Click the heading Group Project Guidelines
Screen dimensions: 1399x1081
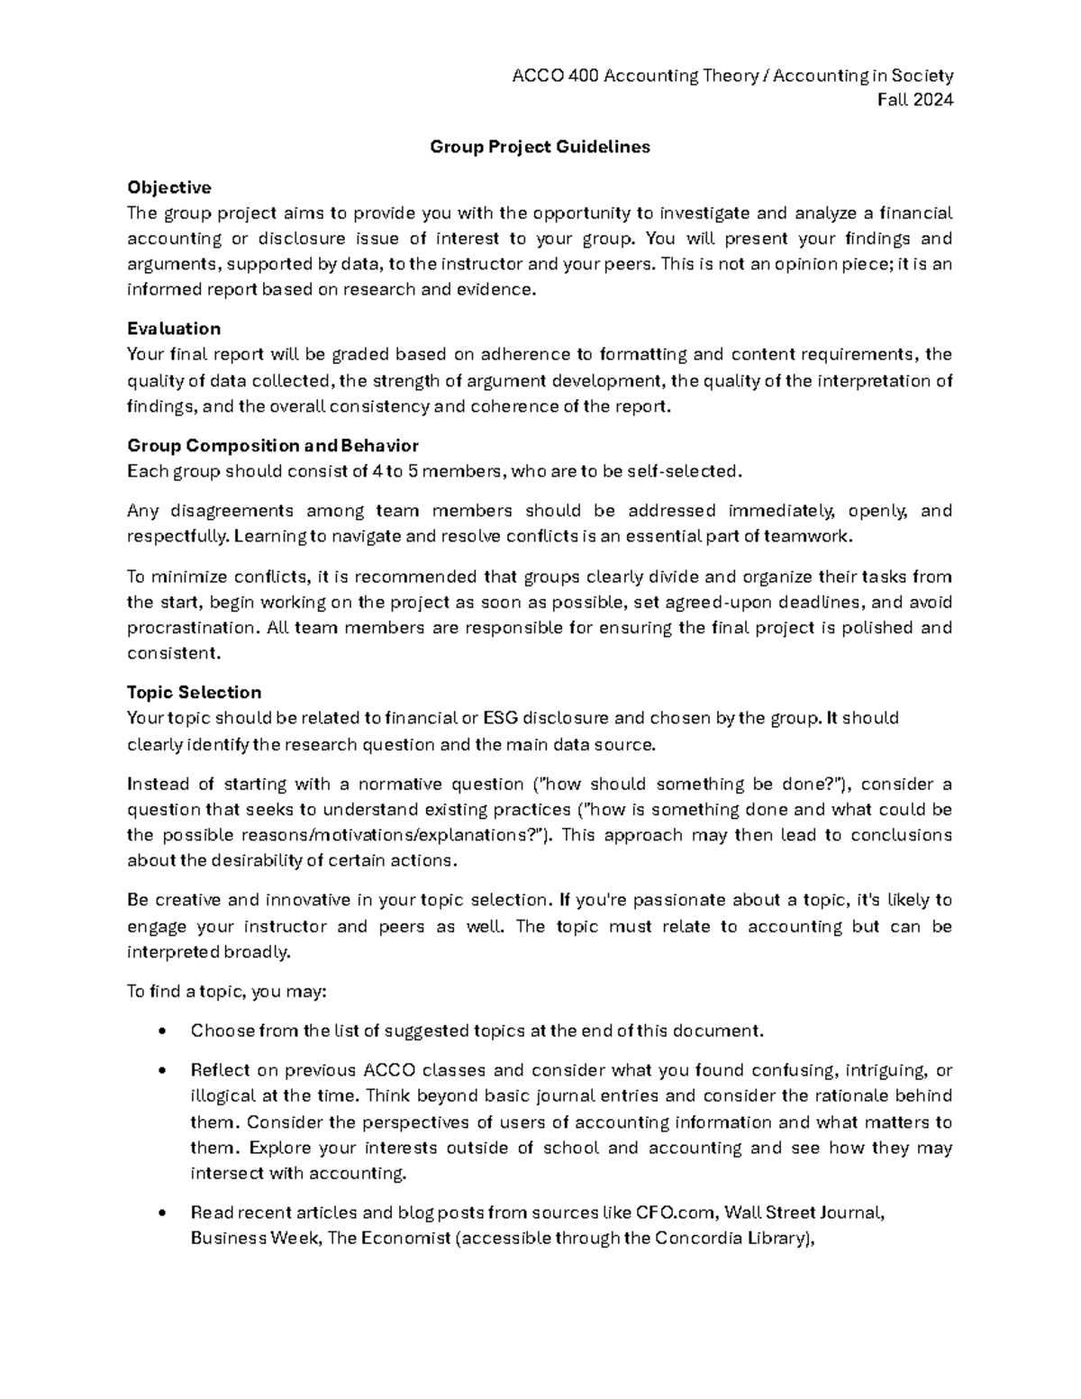[x=540, y=147]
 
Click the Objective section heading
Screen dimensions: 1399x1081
[x=169, y=187]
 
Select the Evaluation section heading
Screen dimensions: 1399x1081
[x=174, y=328]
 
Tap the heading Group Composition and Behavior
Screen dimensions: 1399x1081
[x=273, y=446]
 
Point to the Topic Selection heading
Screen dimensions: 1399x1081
[x=194, y=692]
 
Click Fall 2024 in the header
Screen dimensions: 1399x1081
[x=915, y=100]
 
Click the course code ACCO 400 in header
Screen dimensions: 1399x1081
[x=555, y=76]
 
